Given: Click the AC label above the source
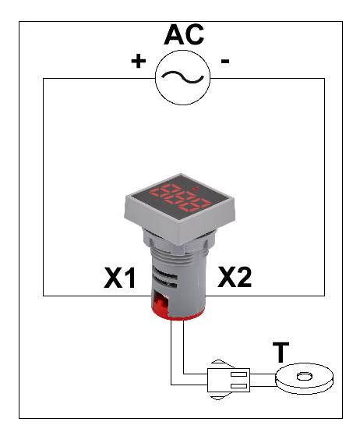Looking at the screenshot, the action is click(184, 34).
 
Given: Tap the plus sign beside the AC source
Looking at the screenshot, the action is click(139, 61).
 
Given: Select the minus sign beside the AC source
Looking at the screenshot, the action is click(225, 61).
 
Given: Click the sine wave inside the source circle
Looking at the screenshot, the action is click(182, 77).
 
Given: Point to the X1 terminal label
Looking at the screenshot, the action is click(119, 278).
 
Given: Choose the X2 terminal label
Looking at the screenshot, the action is click(235, 277).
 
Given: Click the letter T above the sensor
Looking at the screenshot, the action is click(281, 353).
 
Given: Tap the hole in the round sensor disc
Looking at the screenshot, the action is click(305, 377).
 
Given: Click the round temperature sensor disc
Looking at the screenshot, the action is click(304, 378).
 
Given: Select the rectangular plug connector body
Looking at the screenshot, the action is click(228, 380).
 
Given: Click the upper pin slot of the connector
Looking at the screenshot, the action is click(239, 374).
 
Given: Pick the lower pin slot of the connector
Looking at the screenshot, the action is click(239, 385).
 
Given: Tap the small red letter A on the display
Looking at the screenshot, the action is click(196, 190).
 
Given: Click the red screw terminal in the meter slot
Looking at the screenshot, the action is click(161, 303).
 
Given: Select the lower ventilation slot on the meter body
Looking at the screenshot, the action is click(165, 284).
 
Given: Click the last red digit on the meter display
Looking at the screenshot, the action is click(196, 205).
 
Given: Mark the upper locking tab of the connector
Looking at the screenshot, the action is click(220, 363).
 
